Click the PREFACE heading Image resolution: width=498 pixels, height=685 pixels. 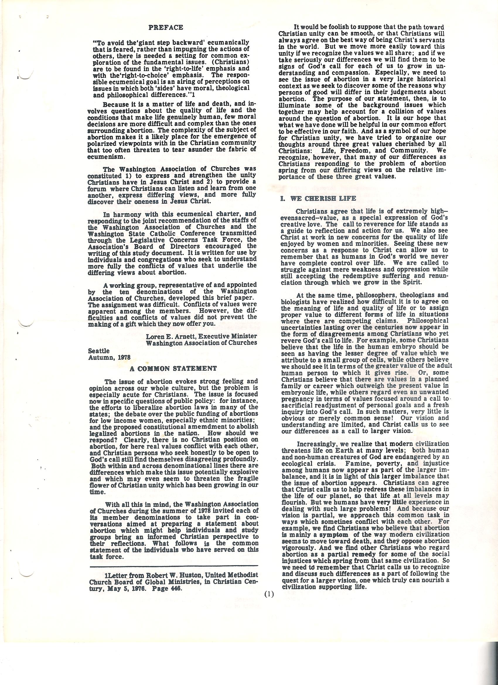tap(166, 28)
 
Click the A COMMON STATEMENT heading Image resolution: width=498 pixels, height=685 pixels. tap(173, 369)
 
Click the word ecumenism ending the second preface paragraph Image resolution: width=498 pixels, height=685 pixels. tap(101, 157)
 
